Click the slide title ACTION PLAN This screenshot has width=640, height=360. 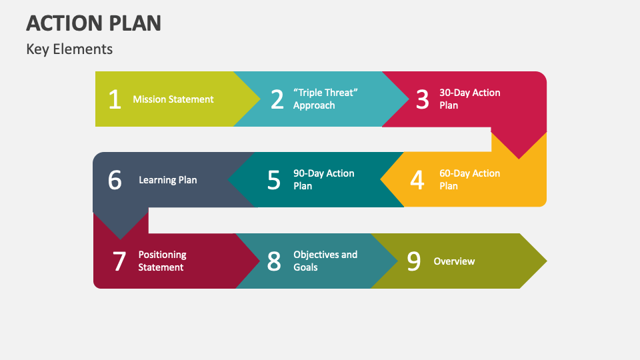click(x=94, y=23)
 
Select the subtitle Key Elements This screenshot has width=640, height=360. click(x=69, y=49)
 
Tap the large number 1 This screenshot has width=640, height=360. click(x=115, y=99)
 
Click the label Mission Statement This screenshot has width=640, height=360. click(x=173, y=99)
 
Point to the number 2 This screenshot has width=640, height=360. click(x=277, y=99)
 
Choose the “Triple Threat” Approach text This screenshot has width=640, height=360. click(x=325, y=99)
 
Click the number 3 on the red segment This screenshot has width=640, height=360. click(x=423, y=99)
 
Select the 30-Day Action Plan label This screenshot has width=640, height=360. click(x=470, y=99)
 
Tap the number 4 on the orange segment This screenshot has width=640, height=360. click(x=417, y=180)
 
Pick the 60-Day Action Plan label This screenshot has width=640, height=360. click(x=470, y=179)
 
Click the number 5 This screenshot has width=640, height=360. click(x=274, y=180)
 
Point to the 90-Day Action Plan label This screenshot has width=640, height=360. click(x=324, y=179)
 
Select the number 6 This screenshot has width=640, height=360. click(x=115, y=180)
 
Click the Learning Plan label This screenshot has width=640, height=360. click(x=168, y=180)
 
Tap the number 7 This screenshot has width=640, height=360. click(x=119, y=261)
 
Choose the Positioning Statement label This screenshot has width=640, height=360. click(x=162, y=261)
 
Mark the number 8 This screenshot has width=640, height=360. click(x=274, y=261)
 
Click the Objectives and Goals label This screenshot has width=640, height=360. click(x=325, y=261)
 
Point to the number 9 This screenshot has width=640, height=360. click(x=414, y=261)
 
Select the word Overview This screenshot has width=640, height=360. click(x=454, y=261)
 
